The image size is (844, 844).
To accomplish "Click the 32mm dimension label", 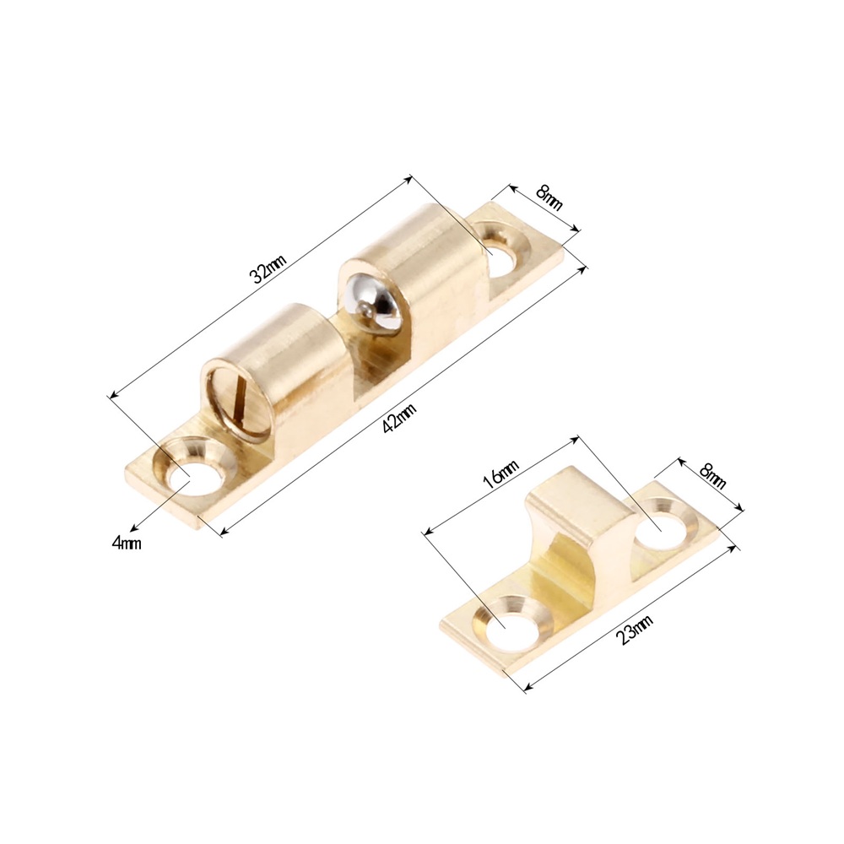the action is pyautogui.click(x=268, y=268).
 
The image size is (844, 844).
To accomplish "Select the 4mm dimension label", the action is pyautogui.click(x=127, y=543).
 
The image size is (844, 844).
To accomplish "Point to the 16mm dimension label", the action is pyautogui.click(x=500, y=474).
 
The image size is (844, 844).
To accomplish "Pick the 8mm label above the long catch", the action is pyautogui.click(x=549, y=197).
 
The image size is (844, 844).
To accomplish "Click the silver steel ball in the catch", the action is pyautogui.click(x=376, y=302).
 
